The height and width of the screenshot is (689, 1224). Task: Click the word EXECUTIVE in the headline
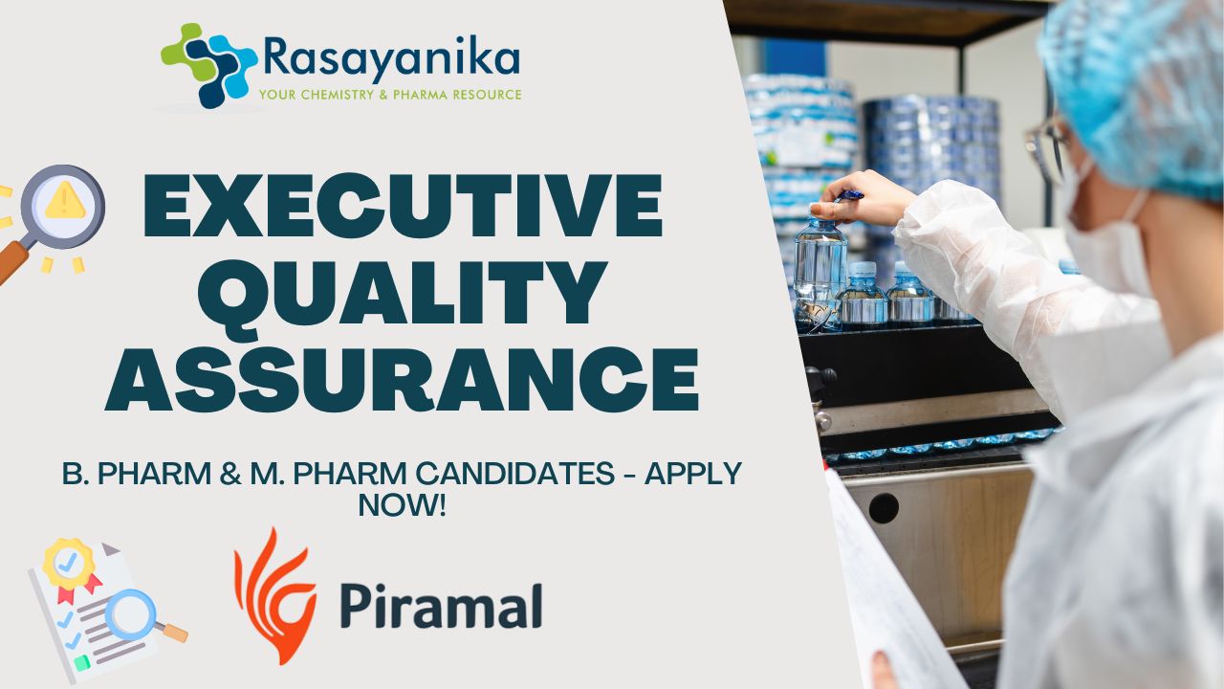tap(403, 205)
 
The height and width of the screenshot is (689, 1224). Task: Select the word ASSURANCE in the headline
tap(402, 380)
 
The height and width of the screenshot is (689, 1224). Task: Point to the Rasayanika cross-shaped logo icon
tap(208, 65)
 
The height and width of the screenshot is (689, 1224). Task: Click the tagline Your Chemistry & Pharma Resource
tap(390, 95)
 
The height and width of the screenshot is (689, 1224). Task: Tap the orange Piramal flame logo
tap(274, 596)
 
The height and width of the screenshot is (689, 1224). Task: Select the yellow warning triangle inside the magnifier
tap(65, 200)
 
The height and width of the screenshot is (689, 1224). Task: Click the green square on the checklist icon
tap(82, 663)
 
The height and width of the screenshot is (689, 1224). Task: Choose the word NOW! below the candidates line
tap(403, 505)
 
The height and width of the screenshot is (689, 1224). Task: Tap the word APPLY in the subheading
tap(693, 473)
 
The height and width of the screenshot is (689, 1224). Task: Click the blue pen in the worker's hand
tap(850, 196)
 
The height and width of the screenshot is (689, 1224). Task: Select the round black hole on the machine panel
tap(884, 508)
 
